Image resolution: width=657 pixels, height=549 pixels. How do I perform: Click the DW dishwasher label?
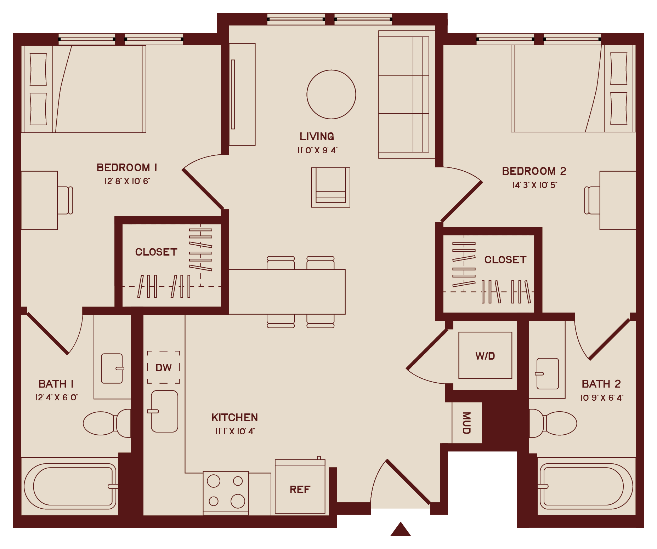(x=164, y=368)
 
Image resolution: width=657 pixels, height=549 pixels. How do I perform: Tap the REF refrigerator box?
(x=300, y=489)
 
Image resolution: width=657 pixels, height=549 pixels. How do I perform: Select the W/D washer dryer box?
(x=485, y=355)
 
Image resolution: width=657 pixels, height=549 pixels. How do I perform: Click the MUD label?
(x=466, y=423)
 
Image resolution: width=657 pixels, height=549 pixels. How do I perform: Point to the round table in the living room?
(x=331, y=95)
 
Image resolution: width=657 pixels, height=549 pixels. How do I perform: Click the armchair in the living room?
(x=330, y=187)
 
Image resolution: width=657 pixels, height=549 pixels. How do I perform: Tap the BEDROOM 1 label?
(x=127, y=167)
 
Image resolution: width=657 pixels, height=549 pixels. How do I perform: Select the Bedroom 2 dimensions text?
(x=534, y=185)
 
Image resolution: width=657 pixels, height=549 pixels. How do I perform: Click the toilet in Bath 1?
(x=106, y=423)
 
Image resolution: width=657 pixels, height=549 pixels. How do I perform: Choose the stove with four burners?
(x=226, y=492)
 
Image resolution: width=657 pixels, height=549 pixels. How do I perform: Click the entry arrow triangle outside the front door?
(x=401, y=530)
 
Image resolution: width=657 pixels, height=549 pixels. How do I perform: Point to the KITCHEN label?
(x=234, y=418)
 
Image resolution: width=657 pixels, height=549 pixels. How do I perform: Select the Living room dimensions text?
(x=317, y=150)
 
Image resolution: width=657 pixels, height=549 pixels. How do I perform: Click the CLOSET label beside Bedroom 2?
(x=505, y=260)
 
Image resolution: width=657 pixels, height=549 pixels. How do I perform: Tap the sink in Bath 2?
(x=548, y=374)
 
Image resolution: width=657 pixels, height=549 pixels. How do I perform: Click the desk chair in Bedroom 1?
(x=66, y=200)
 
